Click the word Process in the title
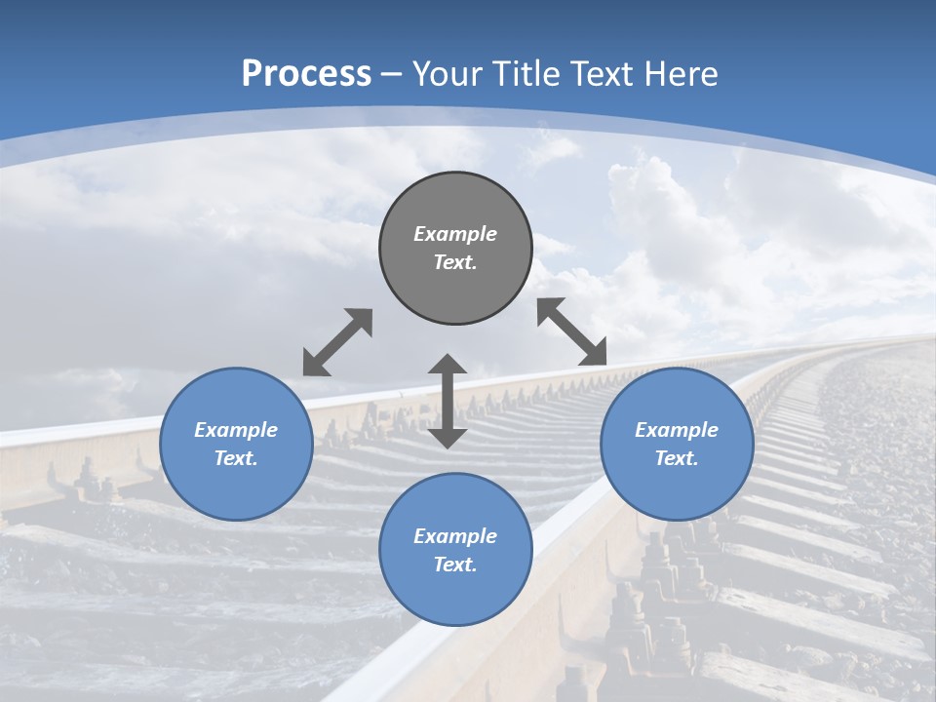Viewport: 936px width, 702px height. [x=306, y=74]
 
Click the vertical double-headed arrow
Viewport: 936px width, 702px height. [x=448, y=401]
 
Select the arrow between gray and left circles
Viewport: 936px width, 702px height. [x=337, y=342]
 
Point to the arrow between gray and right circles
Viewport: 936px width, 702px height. [x=572, y=331]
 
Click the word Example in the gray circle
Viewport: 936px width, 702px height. [x=455, y=234]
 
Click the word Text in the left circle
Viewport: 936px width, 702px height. [x=236, y=458]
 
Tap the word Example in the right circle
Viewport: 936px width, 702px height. [x=677, y=430]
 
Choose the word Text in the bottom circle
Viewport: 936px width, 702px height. [x=455, y=565]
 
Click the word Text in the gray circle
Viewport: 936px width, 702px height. [x=455, y=262]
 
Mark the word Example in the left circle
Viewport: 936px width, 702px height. [x=236, y=430]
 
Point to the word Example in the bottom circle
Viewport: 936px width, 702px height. [x=455, y=536]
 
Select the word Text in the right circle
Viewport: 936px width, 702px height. [x=677, y=458]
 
